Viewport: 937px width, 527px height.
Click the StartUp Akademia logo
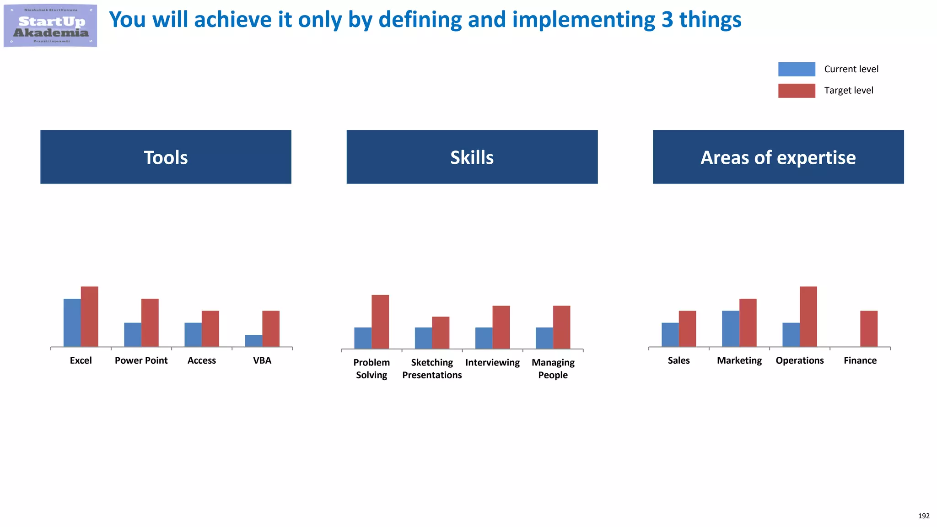pyautogui.click(x=50, y=26)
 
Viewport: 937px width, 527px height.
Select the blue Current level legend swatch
pyautogui.click(x=797, y=69)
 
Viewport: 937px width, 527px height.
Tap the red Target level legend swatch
pyautogui.click(x=797, y=91)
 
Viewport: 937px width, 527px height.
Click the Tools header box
pyautogui.click(x=166, y=157)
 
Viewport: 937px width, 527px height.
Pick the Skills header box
pyautogui.click(x=472, y=157)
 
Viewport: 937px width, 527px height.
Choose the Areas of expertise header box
pyautogui.click(x=778, y=157)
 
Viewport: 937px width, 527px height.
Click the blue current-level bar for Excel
pyautogui.click(x=72, y=323)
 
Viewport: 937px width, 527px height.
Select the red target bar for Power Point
pyautogui.click(x=150, y=323)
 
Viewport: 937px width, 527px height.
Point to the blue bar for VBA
pyautogui.click(x=253, y=341)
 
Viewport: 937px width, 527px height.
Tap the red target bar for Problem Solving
pyautogui.click(x=380, y=322)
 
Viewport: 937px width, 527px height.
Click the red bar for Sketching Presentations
pyautogui.click(x=441, y=333)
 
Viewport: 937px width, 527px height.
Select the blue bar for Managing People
pyautogui.click(x=544, y=338)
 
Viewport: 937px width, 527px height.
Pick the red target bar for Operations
pyautogui.click(x=808, y=317)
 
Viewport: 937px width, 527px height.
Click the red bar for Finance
pyautogui.click(x=869, y=328)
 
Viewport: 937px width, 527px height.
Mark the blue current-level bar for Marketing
pyautogui.click(x=730, y=328)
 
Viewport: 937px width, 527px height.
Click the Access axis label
pyautogui.click(x=201, y=360)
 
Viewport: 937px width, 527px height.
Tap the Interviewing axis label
pyautogui.click(x=492, y=363)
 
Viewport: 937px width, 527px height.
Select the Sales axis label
pyautogui.click(x=679, y=360)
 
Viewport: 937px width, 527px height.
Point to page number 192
pyautogui.click(x=923, y=516)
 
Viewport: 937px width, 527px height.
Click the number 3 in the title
pyautogui.click(x=667, y=20)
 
